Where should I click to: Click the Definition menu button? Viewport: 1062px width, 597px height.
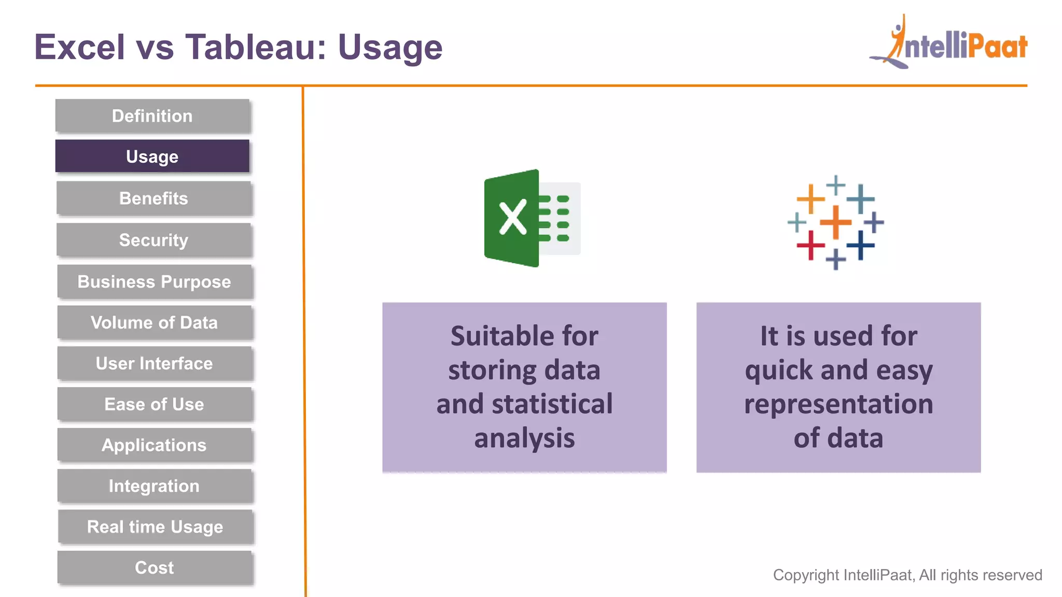[x=152, y=116]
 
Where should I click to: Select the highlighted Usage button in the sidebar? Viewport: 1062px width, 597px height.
[x=152, y=157]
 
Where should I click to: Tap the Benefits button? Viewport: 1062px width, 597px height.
[x=153, y=198]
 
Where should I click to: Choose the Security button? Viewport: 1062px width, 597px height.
[x=153, y=240]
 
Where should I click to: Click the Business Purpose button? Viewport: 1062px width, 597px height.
[x=154, y=281]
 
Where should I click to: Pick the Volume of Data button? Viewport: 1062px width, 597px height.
[x=154, y=322]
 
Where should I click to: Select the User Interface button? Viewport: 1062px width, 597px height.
[x=154, y=363]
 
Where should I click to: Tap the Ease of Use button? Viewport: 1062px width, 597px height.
[x=154, y=404]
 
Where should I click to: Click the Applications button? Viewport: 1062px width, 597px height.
[x=154, y=445]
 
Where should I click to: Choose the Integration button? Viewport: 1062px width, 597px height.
[x=154, y=486]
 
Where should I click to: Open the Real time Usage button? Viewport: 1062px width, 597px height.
[x=155, y=527]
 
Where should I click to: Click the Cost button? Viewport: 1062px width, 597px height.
[x=154, y=568]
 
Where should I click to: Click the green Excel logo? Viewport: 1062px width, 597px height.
[x=532, y=218]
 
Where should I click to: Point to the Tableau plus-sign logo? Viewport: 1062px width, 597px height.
[x=835, y=223]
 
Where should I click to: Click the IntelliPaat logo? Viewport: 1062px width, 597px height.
[x=949, y=44]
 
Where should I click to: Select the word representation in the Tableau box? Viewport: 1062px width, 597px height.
[x=839, y=404]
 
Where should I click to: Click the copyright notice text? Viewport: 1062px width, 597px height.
[x=907, y=575]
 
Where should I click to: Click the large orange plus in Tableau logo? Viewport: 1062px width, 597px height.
[x=835, y=222]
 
